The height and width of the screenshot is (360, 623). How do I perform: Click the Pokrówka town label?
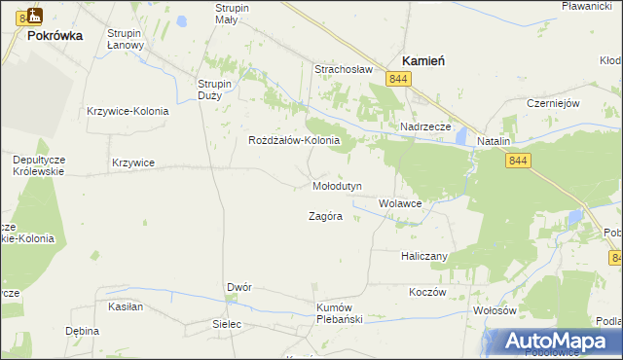pos(55,35)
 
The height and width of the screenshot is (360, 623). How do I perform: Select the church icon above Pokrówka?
pos(34,16)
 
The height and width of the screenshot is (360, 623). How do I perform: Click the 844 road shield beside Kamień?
pos(396,77)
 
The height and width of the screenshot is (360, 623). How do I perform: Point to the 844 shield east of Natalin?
pos(518,161)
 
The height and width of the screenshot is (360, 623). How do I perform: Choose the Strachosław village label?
pos(344,69)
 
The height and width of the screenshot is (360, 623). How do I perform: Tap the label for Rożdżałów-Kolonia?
pos(294,140)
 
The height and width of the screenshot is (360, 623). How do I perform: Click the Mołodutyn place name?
pos(338,185)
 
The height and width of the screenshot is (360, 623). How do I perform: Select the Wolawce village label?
pos(400,204)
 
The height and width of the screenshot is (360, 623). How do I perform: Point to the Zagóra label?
pos(325,216)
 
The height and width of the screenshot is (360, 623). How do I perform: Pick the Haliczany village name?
pos(423,256)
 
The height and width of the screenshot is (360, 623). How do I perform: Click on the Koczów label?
pos(426,292)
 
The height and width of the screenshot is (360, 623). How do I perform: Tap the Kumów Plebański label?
pos(340,313)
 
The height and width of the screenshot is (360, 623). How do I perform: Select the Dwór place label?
pos(239,288)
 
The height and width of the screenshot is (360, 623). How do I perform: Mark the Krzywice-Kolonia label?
pos(128,111)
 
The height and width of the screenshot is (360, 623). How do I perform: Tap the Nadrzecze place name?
pos(425,126)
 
